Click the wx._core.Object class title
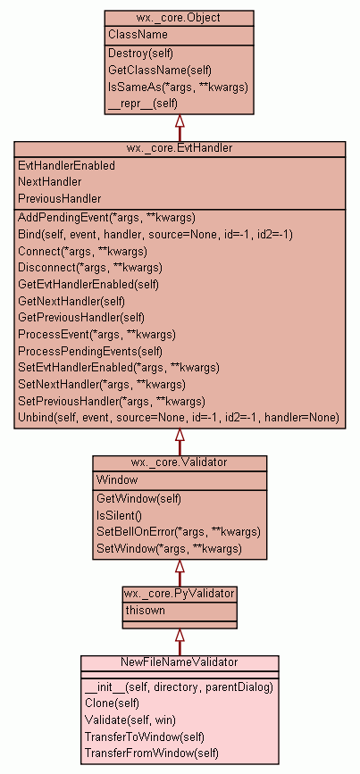coord(179,18)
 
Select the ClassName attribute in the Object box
coord(138,35)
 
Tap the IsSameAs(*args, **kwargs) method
coord(178,87)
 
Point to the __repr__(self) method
coord(143,104)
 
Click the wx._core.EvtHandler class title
coord(180,148)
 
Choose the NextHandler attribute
coord(50,181)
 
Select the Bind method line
coord(155,235)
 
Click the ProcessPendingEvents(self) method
coord(90,352)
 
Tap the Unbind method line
coord(179,418)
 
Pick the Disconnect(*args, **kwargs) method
coord(90,268)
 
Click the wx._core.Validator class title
coord(180,462)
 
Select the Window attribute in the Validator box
coord(117,479)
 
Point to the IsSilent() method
coord(119,516)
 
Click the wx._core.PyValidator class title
coord(180,594)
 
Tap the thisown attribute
coord(146,610)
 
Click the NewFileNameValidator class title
coord(180,662)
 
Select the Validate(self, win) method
coord(130,720)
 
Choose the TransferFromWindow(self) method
coord(152,753)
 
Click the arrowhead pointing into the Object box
coord(180,121)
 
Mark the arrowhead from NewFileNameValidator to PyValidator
coord(180,636)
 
